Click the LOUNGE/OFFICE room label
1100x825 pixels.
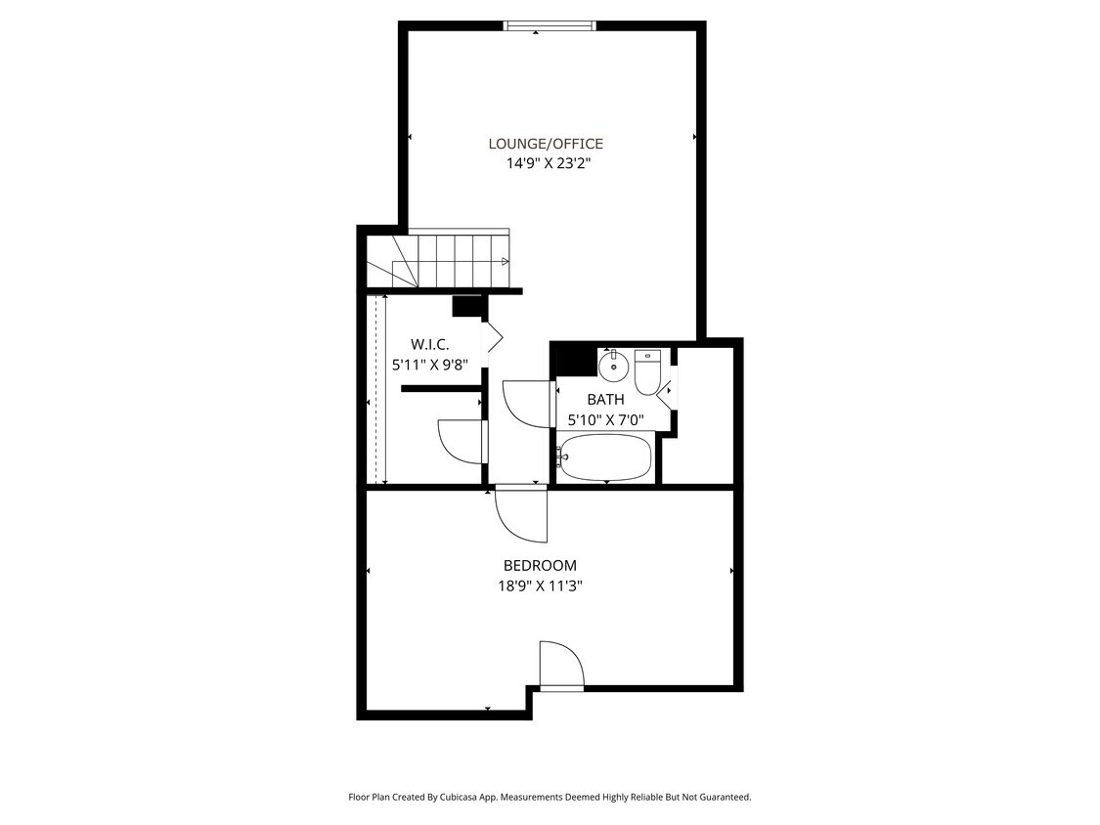[x=546, y=144]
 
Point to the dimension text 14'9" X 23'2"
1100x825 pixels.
[x=548, y=164]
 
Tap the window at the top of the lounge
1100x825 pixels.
[x=549, y=26]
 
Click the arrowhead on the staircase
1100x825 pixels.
[x=505, y=261]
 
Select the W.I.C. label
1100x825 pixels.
[x=429, y=344]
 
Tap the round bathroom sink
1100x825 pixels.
[x=613, y=367]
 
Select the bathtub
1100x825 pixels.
[x=606, y=456]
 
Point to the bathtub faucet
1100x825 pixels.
[x=561, y=456]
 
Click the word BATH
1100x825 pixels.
[x=605, y=400]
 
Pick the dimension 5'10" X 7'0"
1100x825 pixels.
[x=605, y=420]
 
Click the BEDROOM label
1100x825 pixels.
[x=540, y=565]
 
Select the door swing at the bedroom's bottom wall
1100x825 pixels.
[x=560, y=665]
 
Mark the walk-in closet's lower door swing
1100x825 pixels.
[x=462, y=441]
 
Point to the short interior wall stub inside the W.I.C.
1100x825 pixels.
[x=440, y=389]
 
